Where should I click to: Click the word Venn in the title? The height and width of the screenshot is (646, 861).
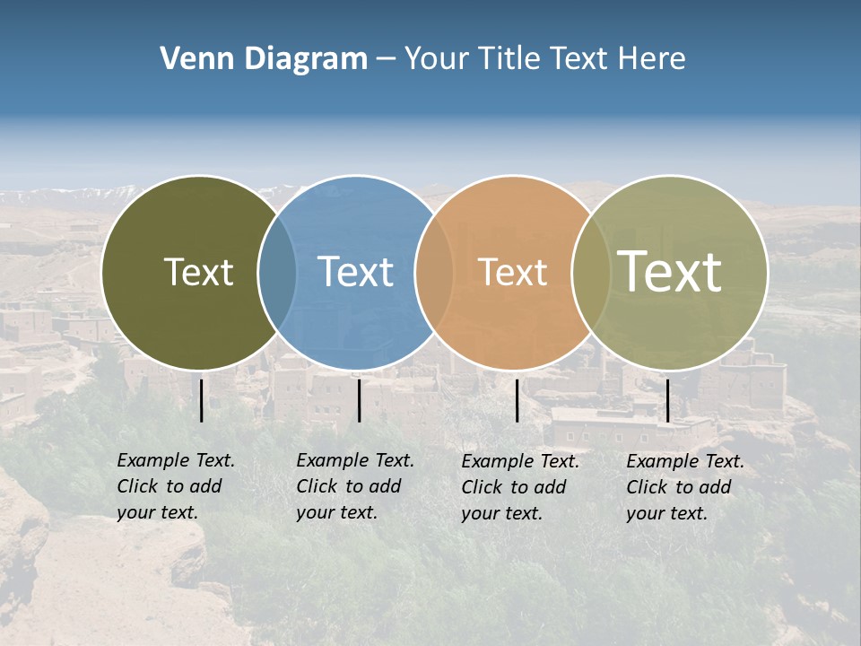pos(191,58)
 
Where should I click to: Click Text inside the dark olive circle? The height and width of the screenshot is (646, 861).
pos(198,272)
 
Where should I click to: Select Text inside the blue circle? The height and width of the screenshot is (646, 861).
pos(355,272)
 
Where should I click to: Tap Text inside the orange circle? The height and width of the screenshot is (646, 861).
pos(512,272)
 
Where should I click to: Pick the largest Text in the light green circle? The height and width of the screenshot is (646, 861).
pos(670,271)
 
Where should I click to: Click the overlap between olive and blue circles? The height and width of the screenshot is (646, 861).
pos(277,272)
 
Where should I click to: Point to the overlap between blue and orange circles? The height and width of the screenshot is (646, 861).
pos(434,272)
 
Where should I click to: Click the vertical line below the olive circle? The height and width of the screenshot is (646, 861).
pos(201,400)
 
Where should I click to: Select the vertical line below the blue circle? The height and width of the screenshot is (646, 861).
pos(359,400)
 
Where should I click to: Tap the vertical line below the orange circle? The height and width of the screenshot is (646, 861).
pos(517,400)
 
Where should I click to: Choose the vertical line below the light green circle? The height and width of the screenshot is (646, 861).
pos(667,400)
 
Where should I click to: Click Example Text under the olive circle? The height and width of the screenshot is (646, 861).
pos(176,460)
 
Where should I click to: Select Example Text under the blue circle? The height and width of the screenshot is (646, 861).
pos(355,460)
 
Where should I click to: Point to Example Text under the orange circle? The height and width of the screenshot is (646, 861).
pos(520,461)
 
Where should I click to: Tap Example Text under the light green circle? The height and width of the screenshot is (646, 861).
pos(685,461)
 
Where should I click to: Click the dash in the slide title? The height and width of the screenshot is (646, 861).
pos(386,59)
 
